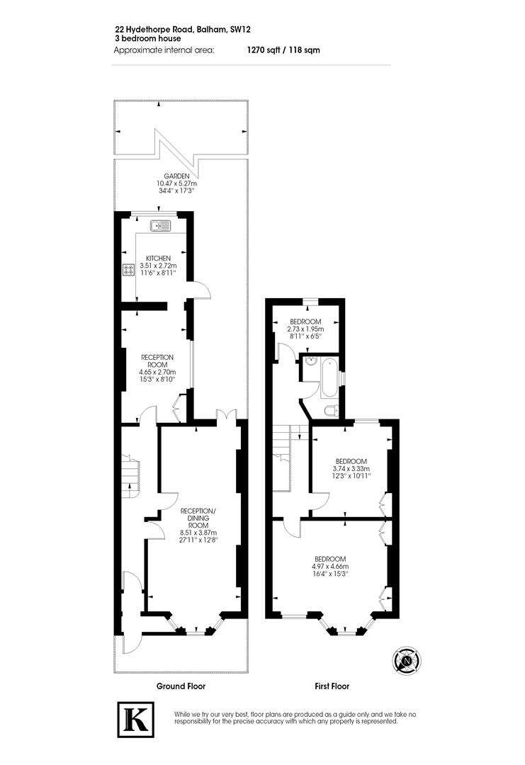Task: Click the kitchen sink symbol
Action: (159, 227)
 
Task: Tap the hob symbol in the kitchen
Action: (130, 269)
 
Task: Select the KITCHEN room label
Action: (158, 258)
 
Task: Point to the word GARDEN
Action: (176, 176)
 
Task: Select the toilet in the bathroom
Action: (330, 410)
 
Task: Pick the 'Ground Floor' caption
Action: (181, 686)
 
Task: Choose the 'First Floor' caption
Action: (332, 686)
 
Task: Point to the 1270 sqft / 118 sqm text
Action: (278, 50)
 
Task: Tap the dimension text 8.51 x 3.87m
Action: (198, 533)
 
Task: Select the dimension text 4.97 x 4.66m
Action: (330, 566)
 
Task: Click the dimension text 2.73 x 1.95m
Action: (305, 329)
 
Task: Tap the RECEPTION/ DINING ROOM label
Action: (198, 518)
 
